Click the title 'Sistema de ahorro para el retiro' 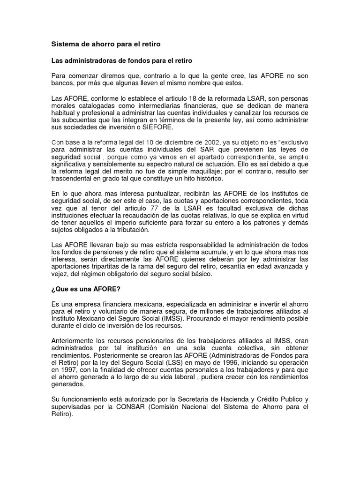pyautogui.click(x=105, y=44)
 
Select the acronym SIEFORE pyautogui.click(x=160, y=128)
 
